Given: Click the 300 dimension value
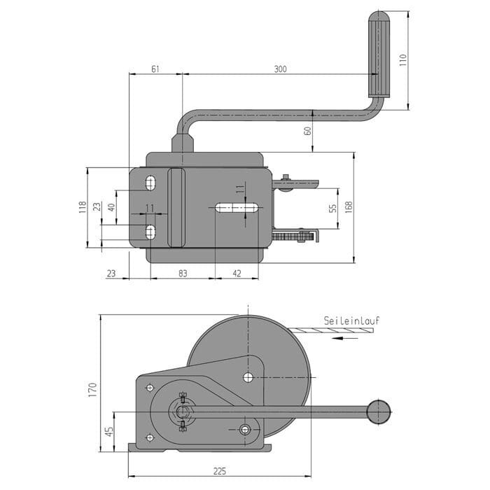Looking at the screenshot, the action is tap(280, 69).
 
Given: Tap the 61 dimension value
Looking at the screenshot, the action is tap(155, 69).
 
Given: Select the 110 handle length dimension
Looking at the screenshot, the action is tap(403, 59).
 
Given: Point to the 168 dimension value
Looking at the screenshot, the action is tap(349, 207).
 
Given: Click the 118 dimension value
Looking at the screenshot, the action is tap(83, 207).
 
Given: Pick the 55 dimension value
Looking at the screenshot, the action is tap(333, 208).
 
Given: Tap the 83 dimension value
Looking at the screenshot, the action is tap(183, 274).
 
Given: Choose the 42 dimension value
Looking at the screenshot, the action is tap(237, 274).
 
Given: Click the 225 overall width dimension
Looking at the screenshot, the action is tap(220, 471).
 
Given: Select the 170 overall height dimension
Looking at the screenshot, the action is tap(92, 389).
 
